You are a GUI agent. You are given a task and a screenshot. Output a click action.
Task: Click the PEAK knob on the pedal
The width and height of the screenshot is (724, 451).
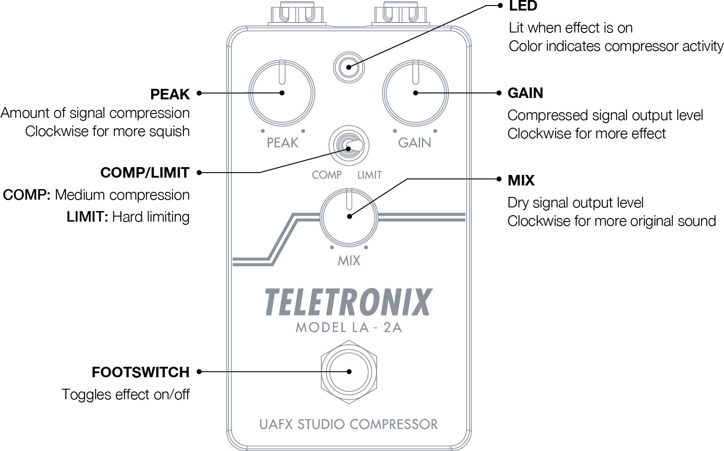[282, 92]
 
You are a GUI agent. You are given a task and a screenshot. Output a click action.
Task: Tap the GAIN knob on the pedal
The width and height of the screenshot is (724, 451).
[415, 92]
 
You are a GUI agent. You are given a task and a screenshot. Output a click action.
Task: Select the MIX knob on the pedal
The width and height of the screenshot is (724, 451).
[349, 217]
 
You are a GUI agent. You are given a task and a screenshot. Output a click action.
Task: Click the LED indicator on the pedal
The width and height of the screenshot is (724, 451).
[349, 67]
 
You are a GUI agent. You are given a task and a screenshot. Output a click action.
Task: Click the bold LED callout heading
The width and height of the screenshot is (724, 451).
[523, 6]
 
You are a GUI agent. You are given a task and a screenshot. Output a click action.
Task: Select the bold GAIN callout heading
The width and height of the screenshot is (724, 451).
[525, 93]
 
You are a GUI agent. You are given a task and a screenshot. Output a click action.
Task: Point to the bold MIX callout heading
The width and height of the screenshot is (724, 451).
[521, 180]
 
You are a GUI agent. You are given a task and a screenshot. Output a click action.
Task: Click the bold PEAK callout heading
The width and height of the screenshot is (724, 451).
[170, 94]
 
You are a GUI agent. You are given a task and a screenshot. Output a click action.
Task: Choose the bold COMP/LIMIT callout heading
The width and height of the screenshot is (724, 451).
[145, 173]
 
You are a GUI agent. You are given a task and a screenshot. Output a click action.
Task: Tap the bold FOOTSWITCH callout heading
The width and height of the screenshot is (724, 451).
[140, 372]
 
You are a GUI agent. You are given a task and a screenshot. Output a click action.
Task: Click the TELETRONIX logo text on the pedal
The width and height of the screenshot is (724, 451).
[348, 302]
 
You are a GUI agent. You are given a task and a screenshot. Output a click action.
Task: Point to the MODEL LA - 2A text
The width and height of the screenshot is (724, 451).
[349, 327]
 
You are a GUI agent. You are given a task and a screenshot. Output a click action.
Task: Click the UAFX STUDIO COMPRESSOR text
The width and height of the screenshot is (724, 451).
[348, 424]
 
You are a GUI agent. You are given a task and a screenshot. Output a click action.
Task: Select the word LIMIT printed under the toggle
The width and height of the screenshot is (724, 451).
[369, 175]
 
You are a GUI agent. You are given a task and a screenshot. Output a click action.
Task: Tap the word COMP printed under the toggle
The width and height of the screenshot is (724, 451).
[327, 175]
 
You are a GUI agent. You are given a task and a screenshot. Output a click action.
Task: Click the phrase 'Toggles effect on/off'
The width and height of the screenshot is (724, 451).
[125, 394]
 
